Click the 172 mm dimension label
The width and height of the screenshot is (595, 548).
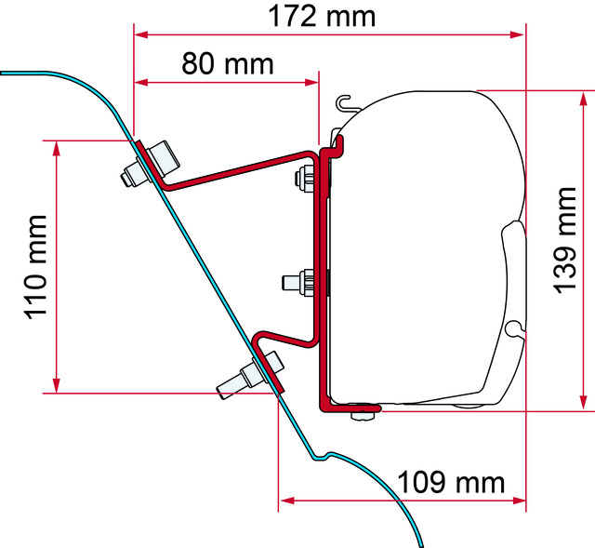coord(322,17)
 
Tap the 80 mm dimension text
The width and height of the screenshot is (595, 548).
coord(227,63)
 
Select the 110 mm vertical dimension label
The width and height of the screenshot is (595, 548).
coord(36,267)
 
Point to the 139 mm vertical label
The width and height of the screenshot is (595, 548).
coord(565,240)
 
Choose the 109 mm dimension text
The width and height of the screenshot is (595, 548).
coord(451,482)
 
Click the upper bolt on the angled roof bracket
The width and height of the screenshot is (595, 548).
coord(151,164)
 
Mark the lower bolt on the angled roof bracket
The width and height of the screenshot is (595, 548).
coord(250,375)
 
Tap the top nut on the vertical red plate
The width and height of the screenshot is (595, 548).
coord(305,179)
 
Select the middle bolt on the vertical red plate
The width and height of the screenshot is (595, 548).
coord(298,283)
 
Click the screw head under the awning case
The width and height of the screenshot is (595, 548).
coord(363,415)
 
